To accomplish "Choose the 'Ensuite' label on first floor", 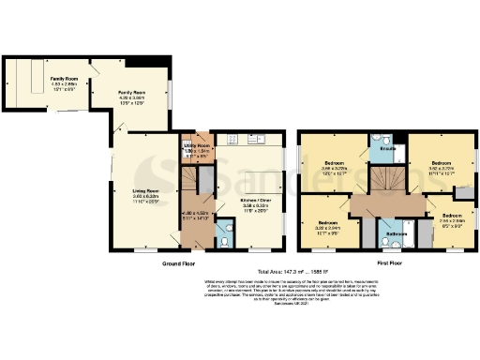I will point(384,149).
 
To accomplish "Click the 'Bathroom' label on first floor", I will point(396,233).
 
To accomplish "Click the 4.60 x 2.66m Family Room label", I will point(64,80).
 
